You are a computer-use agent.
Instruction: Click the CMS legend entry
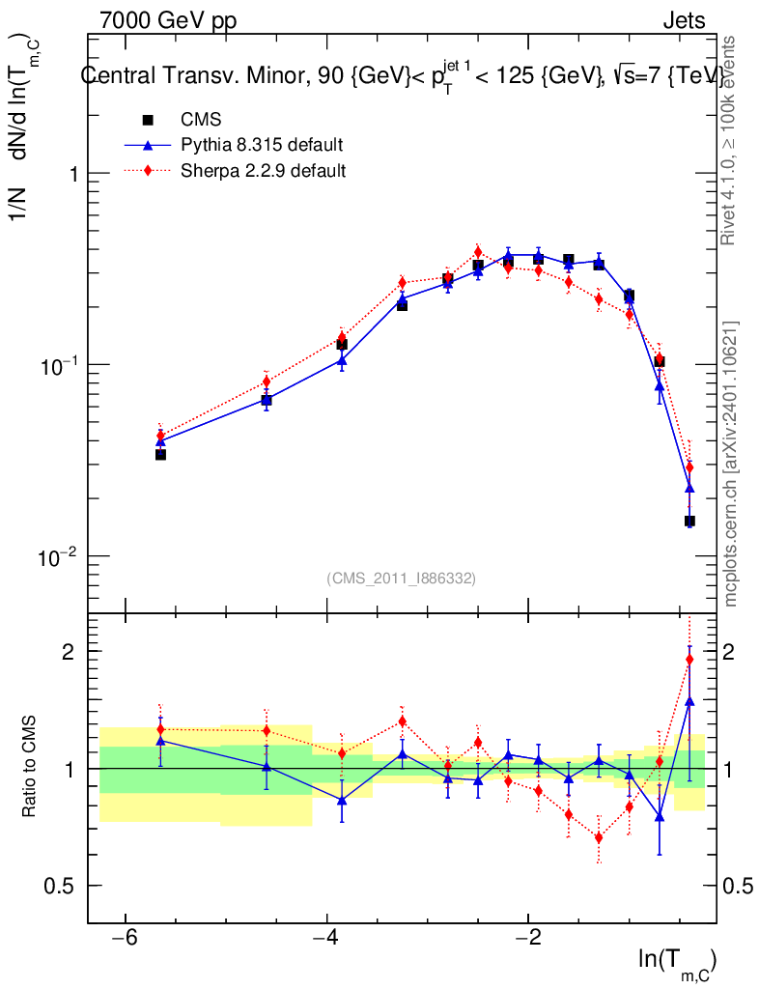(x=201, y=121)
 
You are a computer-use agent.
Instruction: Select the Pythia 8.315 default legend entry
(x=262, y=146)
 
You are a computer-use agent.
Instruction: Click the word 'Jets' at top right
(x=683, y=20)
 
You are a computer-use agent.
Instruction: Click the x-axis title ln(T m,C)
(x=676, y=962)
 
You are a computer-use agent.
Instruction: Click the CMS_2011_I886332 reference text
(x=401, y=579)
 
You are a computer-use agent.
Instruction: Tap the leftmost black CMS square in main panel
(x=160, y=454)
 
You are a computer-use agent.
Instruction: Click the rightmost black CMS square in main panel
(x=689, y=522)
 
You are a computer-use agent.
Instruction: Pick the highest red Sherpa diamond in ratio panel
(x=689, y=660)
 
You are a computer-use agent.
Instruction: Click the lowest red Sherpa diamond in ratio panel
(x=599, y=837)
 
